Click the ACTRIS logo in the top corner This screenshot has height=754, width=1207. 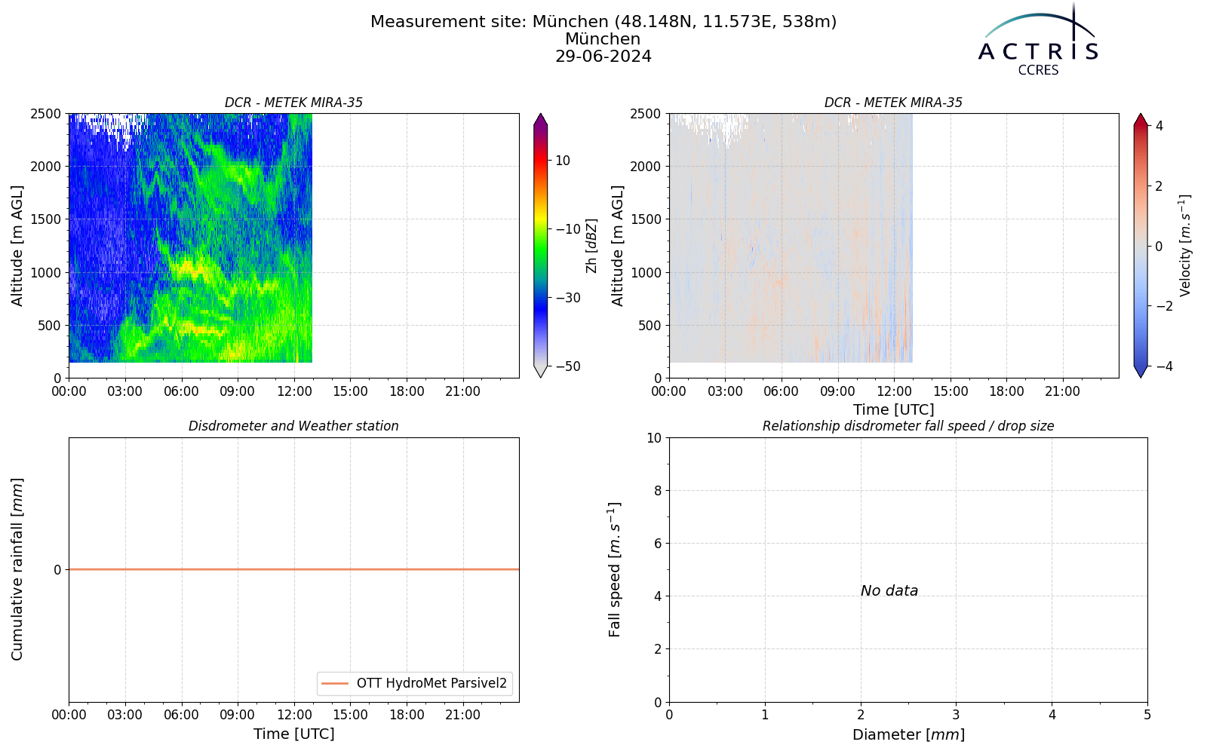coord(1038,40)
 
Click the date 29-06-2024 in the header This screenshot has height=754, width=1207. coord(603,56)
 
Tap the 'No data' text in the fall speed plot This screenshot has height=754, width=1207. coord(889,591)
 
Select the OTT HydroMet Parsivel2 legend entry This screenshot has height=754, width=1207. coord(414,683)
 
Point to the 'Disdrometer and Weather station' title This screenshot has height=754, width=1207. coord(293,426)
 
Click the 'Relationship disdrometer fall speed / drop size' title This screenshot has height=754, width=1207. coord(908,426)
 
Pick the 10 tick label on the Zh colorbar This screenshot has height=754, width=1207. coord(563,161)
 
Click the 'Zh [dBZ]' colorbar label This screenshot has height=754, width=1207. coord(591,246)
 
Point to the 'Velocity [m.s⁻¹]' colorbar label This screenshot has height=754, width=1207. coord(1185,246)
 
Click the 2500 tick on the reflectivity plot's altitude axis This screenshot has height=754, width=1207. coord(46,114)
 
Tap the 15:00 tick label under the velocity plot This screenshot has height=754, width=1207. coord(951,391)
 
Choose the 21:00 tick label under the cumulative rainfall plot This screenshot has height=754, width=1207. coord(463,716)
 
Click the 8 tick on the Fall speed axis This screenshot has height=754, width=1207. coord(657,491)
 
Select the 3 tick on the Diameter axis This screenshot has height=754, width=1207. coord(957,716)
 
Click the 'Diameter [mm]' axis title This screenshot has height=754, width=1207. coord(908,734)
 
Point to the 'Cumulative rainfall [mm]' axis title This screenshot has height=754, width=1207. coord(17,569)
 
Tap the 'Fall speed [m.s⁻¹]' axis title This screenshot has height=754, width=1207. coord(615,570)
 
